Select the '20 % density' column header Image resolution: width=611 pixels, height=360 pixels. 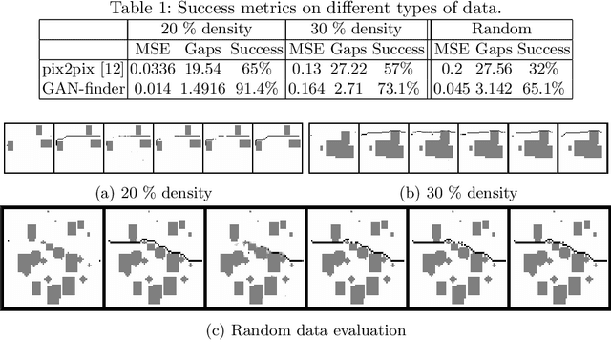206,29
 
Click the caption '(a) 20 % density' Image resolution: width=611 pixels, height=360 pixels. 155,192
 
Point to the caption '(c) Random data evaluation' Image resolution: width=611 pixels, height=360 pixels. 305,330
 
